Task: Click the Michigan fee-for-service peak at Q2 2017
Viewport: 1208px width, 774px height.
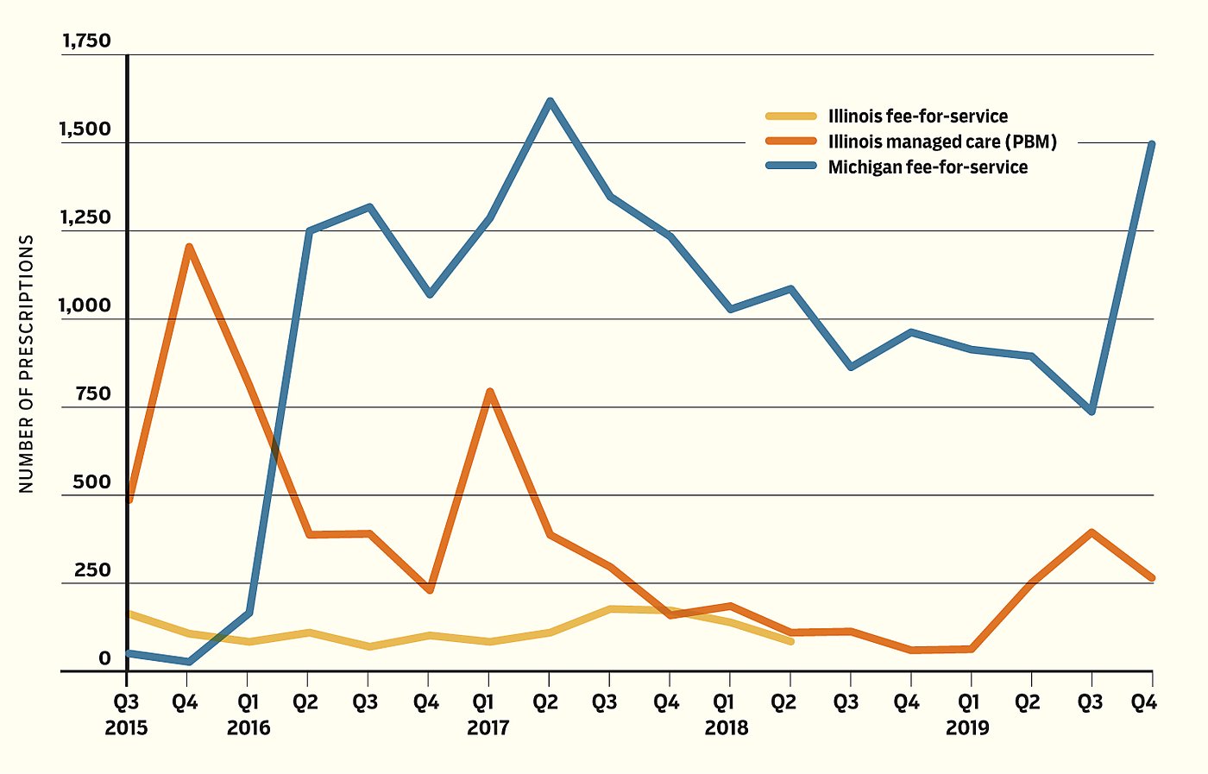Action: (x=550, y=102)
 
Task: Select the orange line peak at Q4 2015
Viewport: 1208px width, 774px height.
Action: (x=188, y=248)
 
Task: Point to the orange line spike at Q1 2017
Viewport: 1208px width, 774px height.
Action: (x=490, y=392)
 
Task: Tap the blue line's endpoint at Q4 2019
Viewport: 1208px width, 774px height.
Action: (x=1152, y=145)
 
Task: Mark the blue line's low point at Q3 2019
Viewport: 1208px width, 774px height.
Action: (x=1092, y=411)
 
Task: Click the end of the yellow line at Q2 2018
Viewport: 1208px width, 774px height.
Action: (x=790, y=641)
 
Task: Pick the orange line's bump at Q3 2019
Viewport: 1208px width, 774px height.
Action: (x=1092, y=533)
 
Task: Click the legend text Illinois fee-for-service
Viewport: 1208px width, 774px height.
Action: (x=917, y=116)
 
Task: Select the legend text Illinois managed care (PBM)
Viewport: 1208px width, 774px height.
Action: (x=942, y=142)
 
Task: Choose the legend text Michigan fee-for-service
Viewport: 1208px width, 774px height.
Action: (x=928, y=167)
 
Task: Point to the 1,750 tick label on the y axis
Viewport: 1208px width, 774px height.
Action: (x=86, y=41)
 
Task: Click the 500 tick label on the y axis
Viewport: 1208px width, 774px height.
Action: (x=91, y=482)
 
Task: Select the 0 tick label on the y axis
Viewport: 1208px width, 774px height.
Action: (x=104, y=659)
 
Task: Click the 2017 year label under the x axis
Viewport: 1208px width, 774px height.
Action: (x=488, y=728)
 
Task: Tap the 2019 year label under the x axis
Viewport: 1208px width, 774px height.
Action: (x=967, y=728)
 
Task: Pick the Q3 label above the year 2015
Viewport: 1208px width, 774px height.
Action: (x=126, y=702)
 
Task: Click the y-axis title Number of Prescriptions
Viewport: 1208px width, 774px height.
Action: (x=26, y=363)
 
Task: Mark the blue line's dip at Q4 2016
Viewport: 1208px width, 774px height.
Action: (x=430, y=294)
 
